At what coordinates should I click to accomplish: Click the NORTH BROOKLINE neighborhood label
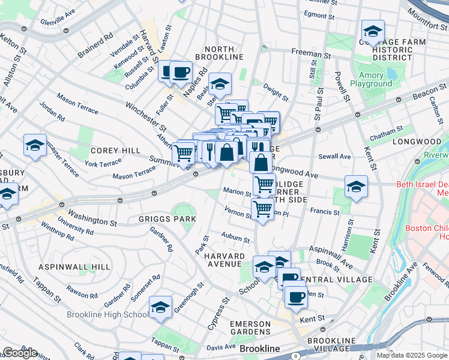223,52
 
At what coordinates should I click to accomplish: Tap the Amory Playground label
375,80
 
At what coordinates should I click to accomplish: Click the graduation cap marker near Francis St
356,187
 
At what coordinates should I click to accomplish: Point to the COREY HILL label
115,151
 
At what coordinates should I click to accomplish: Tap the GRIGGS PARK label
167,219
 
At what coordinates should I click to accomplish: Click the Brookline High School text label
118,314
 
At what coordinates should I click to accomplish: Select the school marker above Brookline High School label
160,308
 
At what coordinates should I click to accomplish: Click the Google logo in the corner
20,353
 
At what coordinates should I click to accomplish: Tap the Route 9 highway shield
295,356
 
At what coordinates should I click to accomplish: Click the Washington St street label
92,217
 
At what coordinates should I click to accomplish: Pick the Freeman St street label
307,53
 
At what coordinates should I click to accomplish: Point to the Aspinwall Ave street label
331,255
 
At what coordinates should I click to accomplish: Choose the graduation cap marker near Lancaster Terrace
35,145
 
